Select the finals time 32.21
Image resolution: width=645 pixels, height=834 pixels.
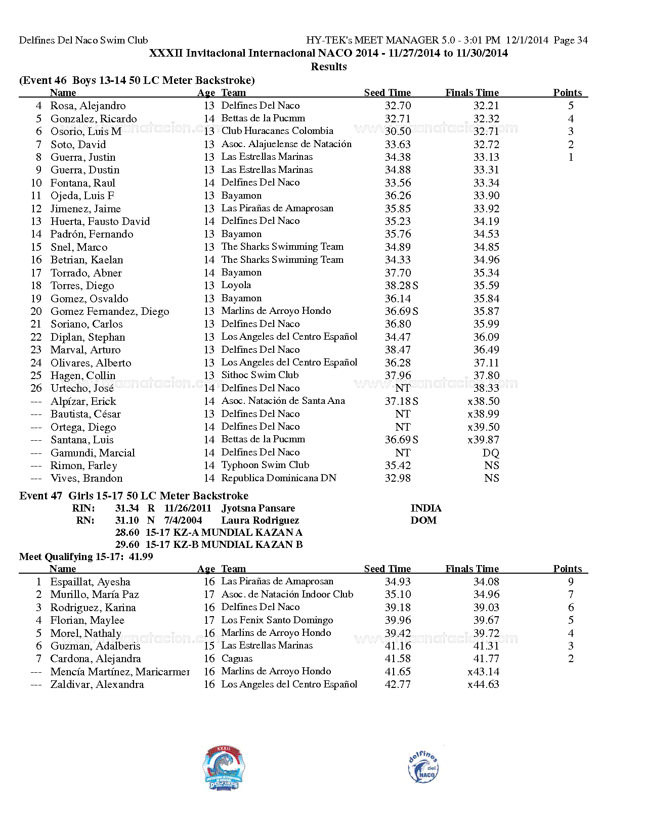(486, 106)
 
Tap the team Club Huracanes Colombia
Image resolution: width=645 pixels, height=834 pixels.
(277, 131)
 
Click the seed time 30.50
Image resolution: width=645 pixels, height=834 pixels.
(398, 131)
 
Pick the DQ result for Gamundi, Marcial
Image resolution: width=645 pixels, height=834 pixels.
(491, 453)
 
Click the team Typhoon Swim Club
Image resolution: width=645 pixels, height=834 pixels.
(265, 465)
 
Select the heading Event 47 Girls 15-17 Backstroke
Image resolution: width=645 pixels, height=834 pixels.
(134, 496)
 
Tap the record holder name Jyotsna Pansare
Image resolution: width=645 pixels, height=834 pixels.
(258, 508)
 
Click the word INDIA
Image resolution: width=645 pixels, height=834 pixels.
(426, 508)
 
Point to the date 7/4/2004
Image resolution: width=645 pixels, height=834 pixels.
(183, 521)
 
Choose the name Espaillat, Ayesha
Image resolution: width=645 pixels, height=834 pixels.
(90, 582)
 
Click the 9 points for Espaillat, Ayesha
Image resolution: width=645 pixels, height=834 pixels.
(571, 582)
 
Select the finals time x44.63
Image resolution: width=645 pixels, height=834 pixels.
(483, 684)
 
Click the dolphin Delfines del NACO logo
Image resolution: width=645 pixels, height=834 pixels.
(423, 767)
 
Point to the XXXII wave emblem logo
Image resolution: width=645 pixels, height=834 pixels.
(224, 767)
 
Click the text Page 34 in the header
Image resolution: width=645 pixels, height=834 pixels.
(571, 40)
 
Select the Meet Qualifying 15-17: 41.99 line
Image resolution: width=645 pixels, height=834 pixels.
(86, 557)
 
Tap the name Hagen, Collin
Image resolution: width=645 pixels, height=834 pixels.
(83, 376)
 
